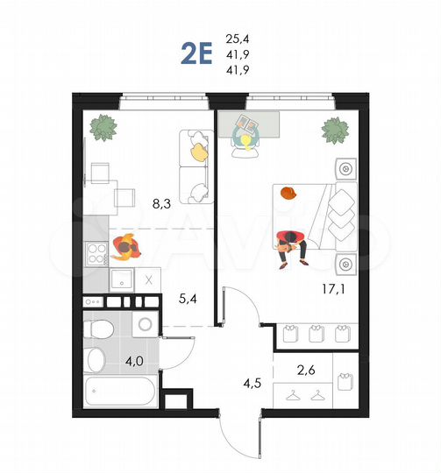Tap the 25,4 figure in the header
tap(238, 39)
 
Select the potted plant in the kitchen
tap(104, 128)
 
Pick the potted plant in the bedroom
tap(334, 131)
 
